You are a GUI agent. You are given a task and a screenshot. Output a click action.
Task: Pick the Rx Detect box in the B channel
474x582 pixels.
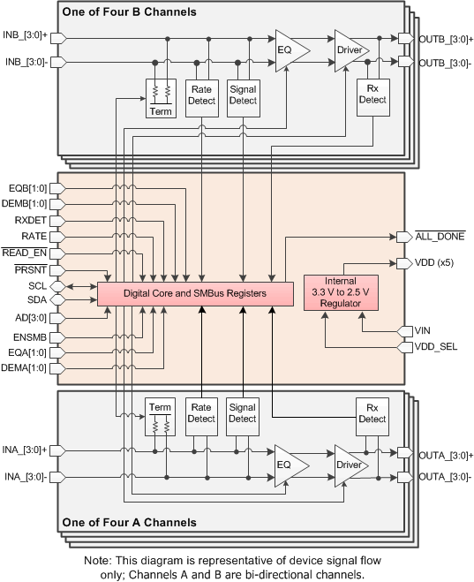click(372, 94)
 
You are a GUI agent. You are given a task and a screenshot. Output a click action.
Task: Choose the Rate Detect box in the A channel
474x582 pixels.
click(202, 412)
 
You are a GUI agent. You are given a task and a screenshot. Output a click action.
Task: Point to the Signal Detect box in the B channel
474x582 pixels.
click(242, 94)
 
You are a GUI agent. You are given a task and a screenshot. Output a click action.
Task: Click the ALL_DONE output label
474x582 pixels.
click(441, 237)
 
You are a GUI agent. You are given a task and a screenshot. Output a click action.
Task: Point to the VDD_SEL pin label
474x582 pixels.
click(435, 346)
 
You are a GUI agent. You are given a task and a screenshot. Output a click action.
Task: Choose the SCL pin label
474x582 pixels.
click(36, 285)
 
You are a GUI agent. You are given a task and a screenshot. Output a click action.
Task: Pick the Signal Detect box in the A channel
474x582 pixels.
click(242, 412)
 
